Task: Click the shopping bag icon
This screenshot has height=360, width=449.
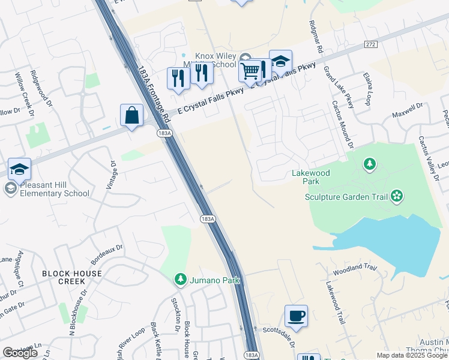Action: (131, 115)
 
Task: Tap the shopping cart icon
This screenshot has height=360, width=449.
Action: (250, 71)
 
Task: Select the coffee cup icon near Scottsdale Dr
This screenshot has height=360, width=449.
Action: (296, 316)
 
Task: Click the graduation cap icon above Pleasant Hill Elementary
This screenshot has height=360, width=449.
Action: (19, 170)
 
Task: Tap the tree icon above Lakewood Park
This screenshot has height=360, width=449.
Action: (370, 163)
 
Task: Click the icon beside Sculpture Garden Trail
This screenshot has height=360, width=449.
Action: (396, 195)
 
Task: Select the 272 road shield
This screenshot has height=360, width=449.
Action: (370, 45)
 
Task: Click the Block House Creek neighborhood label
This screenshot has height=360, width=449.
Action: (72, 278)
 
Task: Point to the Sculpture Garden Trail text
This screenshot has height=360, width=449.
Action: (346, 196)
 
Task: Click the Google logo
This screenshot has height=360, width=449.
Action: (20, 353)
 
